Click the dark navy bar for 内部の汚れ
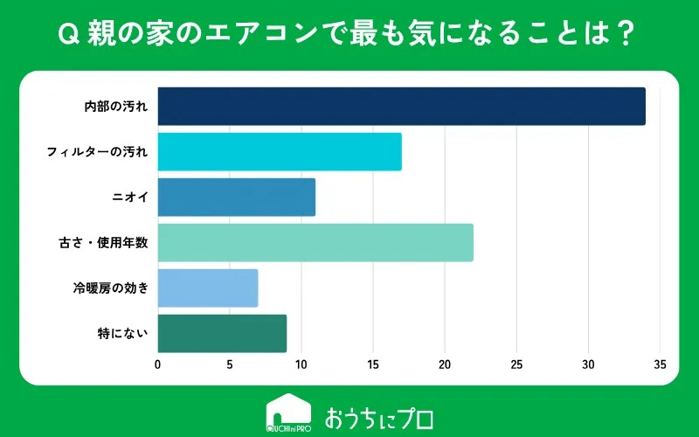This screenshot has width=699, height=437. click(402, 106)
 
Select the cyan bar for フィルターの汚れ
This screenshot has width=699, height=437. click(280, 151)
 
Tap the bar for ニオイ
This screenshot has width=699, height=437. click(237, 198)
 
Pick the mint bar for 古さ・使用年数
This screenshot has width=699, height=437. click(315, 243)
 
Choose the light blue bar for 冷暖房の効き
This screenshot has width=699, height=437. click(208, 288)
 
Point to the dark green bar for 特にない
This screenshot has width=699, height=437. click(222, 334)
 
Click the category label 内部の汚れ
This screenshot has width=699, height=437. click(116, 107)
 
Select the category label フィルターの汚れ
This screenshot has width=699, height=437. click(97, 152)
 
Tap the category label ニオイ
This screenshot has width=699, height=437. click(129, 198)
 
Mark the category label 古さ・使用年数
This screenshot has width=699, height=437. click(103, 243)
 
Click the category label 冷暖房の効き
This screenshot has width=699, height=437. click(111, 288)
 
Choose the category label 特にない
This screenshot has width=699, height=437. click(122, 334)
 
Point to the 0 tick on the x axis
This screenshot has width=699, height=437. click(158, 364)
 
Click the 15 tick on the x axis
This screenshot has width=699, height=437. click(373, 364)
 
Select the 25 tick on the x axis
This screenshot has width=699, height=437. click(516, 364)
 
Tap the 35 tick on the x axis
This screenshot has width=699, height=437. click(661, 364)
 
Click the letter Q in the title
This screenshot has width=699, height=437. click(69, 35)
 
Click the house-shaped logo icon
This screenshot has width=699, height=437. click(288, 413)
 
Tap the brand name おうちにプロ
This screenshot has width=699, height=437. click(379, 418)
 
